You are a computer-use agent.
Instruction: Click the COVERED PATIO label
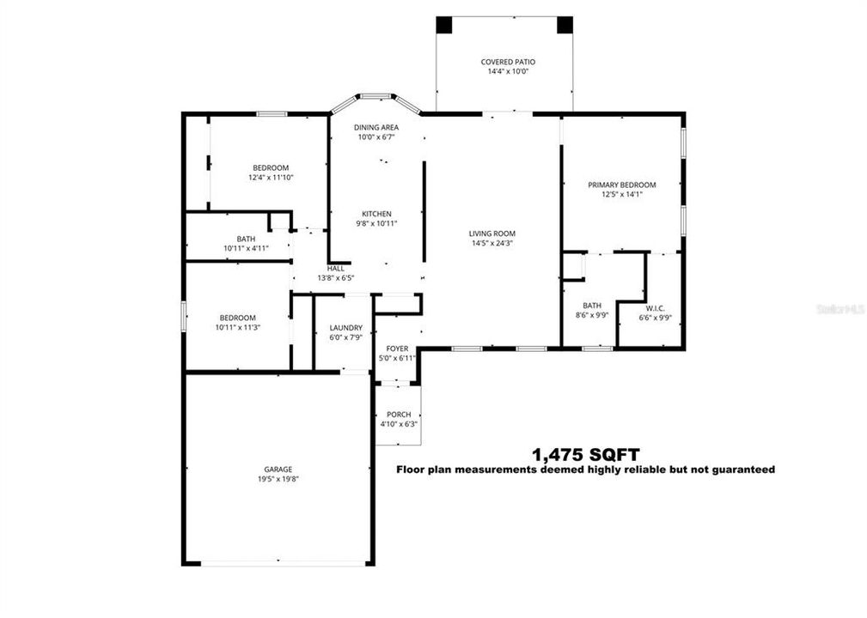click(x=507, y=62)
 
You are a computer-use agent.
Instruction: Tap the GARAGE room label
click(x=278, y=469)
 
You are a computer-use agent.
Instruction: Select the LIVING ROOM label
click(x=492, y=233)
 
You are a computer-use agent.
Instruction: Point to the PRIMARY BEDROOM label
click(x=621, y=185)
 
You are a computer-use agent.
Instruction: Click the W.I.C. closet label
click(x=655, y=308)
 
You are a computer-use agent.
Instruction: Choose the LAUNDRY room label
click(x=346, y=328)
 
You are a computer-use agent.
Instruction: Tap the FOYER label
click(x=397, y=348)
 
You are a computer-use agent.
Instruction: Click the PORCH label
click(x=398, y=415)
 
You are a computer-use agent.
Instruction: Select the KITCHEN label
click(x=376, y=214)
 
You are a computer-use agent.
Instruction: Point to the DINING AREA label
click(x=376, y=127)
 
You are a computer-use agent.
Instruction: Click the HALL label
click(x=335, y=268)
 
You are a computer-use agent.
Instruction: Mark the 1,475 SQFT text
click(x=586, y=453)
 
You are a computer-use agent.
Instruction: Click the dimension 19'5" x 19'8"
click(x=278, y=480)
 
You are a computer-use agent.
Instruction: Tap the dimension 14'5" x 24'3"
click(x=492, y=244)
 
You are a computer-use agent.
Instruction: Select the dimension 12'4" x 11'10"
click(x=270, y=178)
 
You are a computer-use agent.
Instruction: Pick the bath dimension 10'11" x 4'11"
click(x=246, y=248)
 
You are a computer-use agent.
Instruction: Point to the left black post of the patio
click(x=444, y=24)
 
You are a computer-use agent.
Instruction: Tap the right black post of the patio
click(x=565, y=24)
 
